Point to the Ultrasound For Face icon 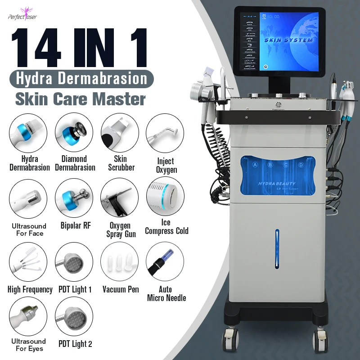(28, 198)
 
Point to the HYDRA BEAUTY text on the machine (277, 184)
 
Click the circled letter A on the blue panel (255, 165)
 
